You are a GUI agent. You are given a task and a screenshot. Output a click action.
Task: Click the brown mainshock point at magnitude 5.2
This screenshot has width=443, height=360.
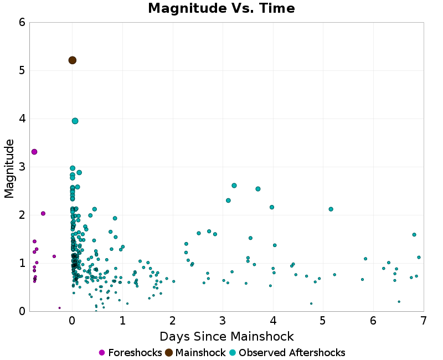pyautogui.click(x=72, y=60)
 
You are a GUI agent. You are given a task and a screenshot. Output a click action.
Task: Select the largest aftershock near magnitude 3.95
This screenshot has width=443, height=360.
pyautogui.click(x=75, y=121)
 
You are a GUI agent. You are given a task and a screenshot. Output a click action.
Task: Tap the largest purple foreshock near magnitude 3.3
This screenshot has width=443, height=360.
pyautogui.click(x=34, y=152)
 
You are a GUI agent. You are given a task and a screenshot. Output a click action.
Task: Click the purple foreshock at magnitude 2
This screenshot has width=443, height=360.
pyautogui.click(x=43, y=213)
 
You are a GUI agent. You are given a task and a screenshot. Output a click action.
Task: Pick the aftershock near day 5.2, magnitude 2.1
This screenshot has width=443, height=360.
pyautogui.click(x=331, y=209)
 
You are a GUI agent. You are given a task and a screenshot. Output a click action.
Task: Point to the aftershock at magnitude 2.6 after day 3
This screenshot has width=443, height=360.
pyautogui.click(x=234, y=186)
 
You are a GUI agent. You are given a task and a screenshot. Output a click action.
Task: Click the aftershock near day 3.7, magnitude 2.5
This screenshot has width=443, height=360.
pyautogui.click(x=258, y=189)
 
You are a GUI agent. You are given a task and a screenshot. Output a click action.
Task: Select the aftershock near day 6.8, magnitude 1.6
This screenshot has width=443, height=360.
pyautogui.click(x=414, y=234)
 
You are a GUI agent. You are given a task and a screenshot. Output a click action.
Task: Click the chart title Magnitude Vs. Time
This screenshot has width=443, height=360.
pyautogui.click(x=221, y=8)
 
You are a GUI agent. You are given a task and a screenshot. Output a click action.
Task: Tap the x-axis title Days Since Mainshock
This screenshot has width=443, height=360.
pyautogui.click(x=226, y=336)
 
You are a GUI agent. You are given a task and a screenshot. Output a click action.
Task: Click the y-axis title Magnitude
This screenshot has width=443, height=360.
pyautogui.click(x=9, y=168)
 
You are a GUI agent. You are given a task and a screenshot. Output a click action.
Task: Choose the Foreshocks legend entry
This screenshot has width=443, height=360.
pyautogui.click(x=130, y=353)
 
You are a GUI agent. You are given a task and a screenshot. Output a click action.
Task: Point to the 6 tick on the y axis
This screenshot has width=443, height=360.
pyautogui.click(x=22, y=22)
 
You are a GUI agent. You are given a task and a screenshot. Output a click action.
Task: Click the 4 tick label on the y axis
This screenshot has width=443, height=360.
pyautogui.click(x=22, y=119)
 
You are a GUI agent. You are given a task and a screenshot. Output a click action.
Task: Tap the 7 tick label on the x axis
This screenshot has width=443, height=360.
pyautogui.click(x=423, y=321)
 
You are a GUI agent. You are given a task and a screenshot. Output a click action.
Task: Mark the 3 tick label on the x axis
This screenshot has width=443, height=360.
pyautogui.click(x=223, y=321)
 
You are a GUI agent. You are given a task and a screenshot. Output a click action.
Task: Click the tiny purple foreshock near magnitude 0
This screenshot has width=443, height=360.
pyautogui.click(x=59, y=308)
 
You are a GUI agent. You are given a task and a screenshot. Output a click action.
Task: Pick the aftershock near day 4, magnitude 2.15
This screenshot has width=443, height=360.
pyautogui.click(x=272, y=207)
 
